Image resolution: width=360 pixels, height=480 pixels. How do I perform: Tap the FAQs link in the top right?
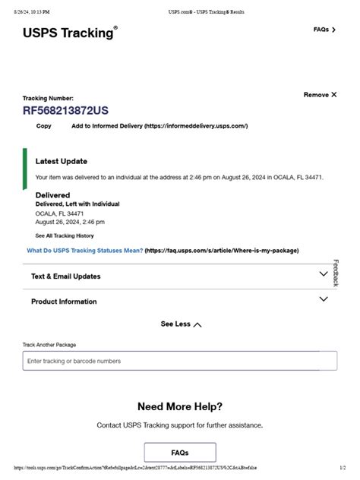[324, 30]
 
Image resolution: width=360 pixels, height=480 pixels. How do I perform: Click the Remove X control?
[320, 95]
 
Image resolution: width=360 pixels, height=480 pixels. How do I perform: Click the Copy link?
[44, 126]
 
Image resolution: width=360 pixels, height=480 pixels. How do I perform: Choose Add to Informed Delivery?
[159, 126]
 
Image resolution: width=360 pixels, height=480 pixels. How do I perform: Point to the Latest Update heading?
[62, 161]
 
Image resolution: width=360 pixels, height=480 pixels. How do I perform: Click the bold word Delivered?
[52, 195]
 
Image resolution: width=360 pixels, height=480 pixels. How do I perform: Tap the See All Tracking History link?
[65, 236]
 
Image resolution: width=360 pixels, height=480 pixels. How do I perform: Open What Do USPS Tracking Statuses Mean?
[84, 251]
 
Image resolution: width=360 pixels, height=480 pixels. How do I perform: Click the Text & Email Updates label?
[65, 276]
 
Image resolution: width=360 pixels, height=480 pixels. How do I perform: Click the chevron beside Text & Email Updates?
[324, 274]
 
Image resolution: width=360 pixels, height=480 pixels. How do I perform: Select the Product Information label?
[64, 302]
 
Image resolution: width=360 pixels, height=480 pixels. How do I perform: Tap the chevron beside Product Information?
[324, 299]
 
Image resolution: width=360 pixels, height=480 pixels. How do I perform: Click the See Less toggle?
[181, 324]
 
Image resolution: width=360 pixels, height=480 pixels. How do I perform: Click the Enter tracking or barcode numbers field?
[179, 361]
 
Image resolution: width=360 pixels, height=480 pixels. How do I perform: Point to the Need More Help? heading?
[180, 406]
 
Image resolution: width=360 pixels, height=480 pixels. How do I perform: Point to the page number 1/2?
[343, 469]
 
